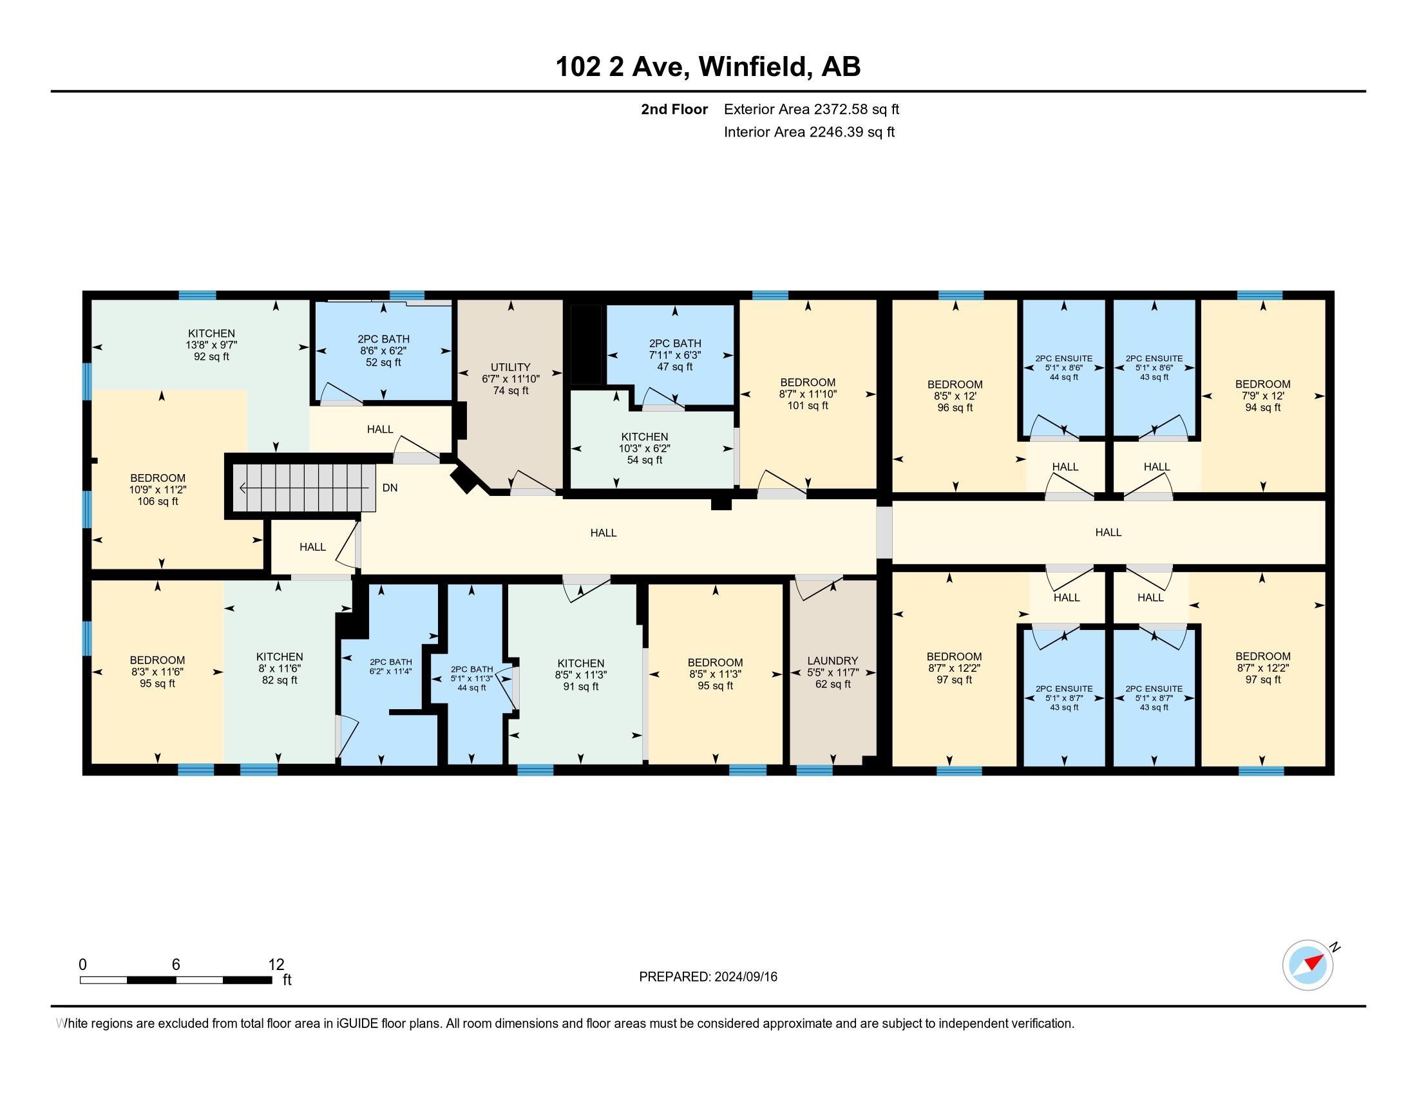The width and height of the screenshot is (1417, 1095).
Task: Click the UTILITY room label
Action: [x=511, y=367]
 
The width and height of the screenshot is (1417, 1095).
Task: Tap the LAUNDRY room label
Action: [x=832, y=660]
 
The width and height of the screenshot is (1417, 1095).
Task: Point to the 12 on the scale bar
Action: [x=276, y=964]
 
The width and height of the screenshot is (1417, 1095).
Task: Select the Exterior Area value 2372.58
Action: [x=841, y=109]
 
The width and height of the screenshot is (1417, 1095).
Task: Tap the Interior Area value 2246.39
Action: [x=837, y=131]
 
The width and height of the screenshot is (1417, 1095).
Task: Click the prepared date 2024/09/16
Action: [x=746, y=977]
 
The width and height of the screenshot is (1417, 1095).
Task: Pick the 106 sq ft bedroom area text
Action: [x=158, y=501]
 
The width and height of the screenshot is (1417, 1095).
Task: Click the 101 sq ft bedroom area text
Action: [x=808, y=405]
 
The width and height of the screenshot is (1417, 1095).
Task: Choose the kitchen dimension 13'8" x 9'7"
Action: [x=211, y=345]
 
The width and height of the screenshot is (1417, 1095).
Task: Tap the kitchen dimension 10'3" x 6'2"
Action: [x=644, y=448]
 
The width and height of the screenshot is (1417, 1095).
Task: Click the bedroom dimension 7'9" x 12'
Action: [x=1262, y=395]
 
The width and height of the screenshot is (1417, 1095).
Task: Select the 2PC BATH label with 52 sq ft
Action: [x=383, y=339]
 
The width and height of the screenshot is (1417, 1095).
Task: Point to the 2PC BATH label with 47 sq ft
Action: [x=675, y=343]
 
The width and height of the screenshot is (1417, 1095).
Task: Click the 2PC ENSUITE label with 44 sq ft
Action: [x=1064, y=358]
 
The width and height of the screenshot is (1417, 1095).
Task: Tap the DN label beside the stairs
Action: [x=390, y=487]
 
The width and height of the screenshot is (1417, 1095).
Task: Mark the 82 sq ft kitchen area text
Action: [x=280, y=680]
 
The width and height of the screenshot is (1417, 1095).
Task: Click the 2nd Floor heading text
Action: [x=674, y=109]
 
